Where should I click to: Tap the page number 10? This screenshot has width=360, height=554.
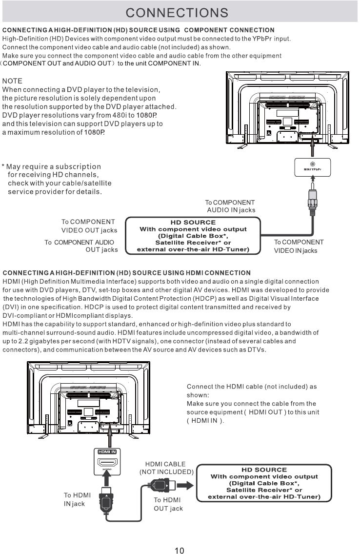180,550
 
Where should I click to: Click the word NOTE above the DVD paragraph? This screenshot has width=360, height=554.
12,81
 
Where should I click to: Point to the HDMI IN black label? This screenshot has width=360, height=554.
107,451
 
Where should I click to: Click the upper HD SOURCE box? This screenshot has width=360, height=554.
193,236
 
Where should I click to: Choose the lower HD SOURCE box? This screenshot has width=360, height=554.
264,483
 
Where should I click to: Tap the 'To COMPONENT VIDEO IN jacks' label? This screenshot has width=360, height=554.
299,246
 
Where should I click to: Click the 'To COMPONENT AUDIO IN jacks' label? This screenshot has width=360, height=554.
230,206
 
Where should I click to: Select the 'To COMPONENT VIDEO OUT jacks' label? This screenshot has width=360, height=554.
88,226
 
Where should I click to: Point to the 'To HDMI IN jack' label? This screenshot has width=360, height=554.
77,499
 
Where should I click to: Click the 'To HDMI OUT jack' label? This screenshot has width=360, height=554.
168,504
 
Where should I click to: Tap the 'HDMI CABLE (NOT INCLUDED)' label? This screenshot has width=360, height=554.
166,468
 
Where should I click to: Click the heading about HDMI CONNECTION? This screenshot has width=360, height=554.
127,272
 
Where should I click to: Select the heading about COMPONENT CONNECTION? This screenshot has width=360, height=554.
139,31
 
